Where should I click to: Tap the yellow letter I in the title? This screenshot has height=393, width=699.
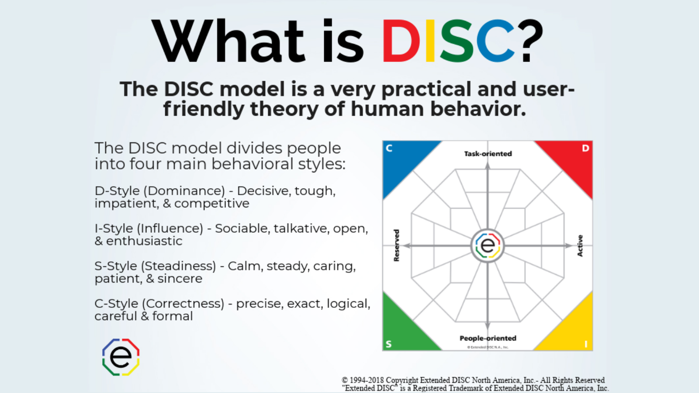pyautogui.click(x=430, y=41)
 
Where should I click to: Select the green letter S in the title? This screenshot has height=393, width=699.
pyautogui.click(x=457, y=41)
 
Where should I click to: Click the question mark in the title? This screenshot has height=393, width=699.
pyautogui.click(x=531, y=41)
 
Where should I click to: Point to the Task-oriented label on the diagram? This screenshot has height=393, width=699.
pyautogui.click(x=488, y=154)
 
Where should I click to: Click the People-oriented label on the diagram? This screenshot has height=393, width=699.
pyautogui.click(x=488, y=338)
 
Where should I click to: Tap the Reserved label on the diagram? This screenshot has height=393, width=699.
pyautogui.click(x=396, y=245)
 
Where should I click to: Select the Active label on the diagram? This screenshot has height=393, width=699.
pyautogui.click(x=580, y=245)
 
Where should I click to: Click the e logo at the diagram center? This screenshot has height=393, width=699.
pyautogui.click(x=488, y=245)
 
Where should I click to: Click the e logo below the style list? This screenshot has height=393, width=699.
pyautogui.click(x=121, y=357)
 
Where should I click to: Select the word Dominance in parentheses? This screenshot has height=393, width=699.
pyautogui.click(x=184, y=191)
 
